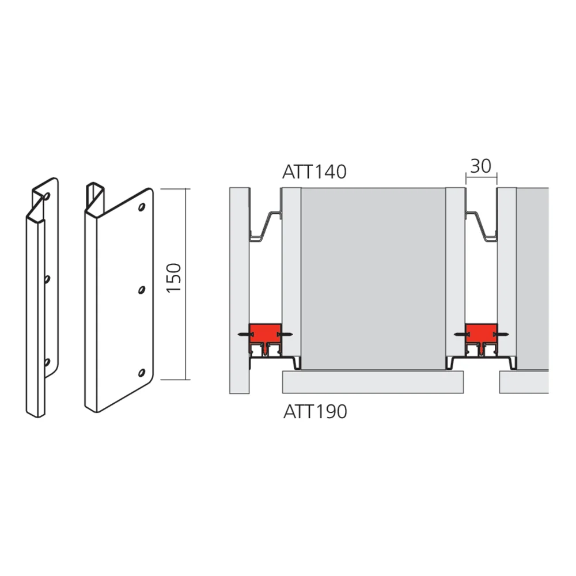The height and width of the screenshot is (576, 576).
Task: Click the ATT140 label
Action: click(x=314, y=172)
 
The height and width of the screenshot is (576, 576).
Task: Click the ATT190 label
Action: click(x=315, y=412)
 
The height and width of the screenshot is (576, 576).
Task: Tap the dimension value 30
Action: click(x=480, y=166)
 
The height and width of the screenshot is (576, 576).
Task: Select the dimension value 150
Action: click(x=175, y=277)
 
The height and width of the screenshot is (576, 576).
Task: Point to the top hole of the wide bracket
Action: click(x=142, y=206)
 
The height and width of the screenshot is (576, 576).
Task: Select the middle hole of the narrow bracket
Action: click(x=47, y=279)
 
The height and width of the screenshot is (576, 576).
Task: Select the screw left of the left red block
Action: click(x=242, y=334)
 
